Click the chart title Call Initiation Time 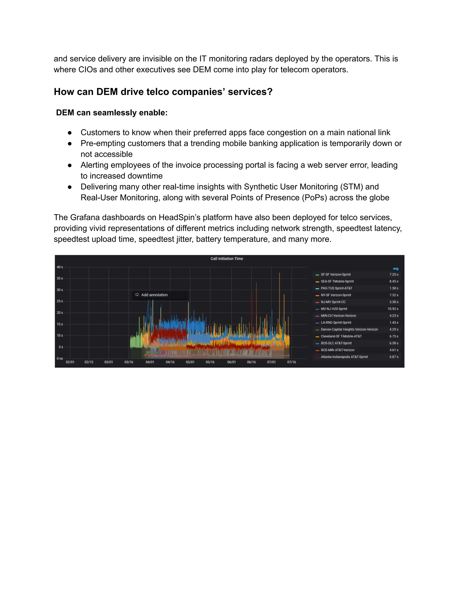coord(227,259)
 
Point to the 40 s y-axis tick coord(60,267)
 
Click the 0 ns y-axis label coord(60,359)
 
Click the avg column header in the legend coord(396,269)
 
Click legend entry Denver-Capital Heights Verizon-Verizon coord(349,329)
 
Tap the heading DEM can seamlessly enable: coord(112,113)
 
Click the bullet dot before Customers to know coord(70,133)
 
